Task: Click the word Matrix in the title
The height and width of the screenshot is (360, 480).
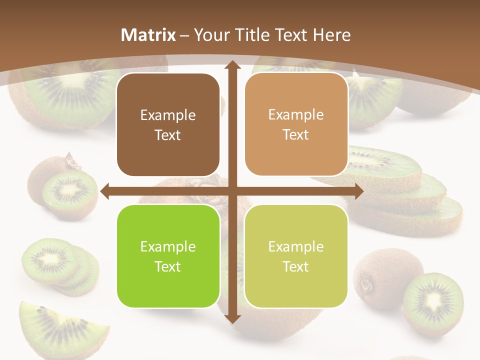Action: (x=148, y=35)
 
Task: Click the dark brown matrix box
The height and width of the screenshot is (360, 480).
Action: (x=168, y=125)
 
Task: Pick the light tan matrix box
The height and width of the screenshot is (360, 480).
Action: (x=296, y=124)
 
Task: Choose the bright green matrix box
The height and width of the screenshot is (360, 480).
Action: (x=168, y=256)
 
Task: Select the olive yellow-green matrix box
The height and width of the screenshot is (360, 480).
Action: (x=296, y=256)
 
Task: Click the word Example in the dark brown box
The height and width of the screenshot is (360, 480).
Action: (x=168, y=115)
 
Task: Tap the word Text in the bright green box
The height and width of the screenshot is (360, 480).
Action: (x=168, y=266)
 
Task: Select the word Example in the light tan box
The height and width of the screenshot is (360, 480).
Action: (x=296, y=114)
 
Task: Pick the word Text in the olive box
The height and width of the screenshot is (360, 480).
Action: (x=296, y=266)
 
